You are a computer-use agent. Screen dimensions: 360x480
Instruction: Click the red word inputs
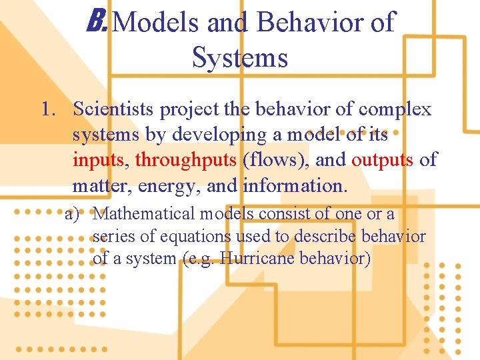[x=101, y=160]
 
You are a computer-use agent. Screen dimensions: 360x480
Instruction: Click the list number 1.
[x=47, y=109]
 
